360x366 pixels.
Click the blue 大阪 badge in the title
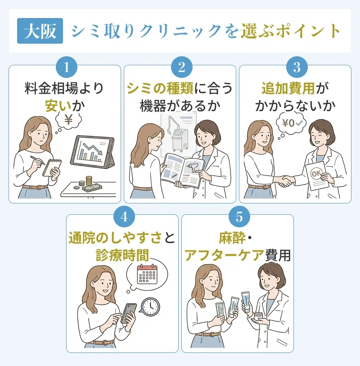tap(40, 31)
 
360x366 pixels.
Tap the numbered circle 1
tap(66, 67)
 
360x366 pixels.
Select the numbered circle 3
tap(296, 67)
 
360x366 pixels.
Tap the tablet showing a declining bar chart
tap(92, 153)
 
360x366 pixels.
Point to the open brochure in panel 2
tap(182, 170)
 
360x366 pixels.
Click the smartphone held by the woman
tap(129, 312)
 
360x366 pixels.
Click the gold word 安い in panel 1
tap(58, 106)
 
